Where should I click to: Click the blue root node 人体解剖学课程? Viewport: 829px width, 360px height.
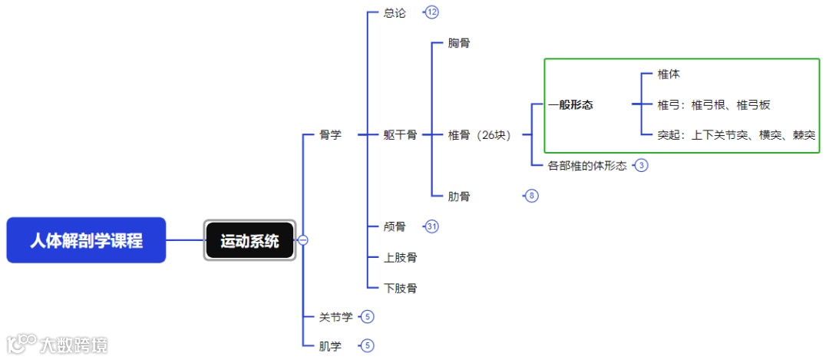pyautogui.click(x=86, y=240)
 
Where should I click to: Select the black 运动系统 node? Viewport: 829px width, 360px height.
pyautogui.click(x=250, y=240)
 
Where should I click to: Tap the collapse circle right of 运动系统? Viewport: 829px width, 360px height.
pyautogui.click(x=303, y=240)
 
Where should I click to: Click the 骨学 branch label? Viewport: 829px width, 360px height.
pyautogui.click(x=330, y=134)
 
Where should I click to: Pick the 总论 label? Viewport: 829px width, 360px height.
pyautogui.click(x=395, y=12)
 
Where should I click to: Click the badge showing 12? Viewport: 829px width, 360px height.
pyautogui.click(x=432, y=12)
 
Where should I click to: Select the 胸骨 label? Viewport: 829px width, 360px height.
pyautogui.click(x=459, y=43)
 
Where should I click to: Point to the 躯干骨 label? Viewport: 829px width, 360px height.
pyautogui.click(x=400, y=134)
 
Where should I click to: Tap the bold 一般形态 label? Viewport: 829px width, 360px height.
pyautogui.click(x=570, y=105)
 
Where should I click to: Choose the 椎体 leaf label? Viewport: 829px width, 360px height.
pyautogui.click(x=669, y=74)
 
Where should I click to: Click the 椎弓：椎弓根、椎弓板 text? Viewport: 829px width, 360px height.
pyautogui.click(x=713, y=105)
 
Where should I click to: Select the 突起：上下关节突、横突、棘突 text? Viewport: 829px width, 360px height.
pyautogui.click(x=735, y=135)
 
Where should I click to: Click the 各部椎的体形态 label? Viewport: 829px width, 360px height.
pyautogui.click(x=587, y=165)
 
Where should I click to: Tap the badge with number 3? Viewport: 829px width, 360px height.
pyautogui.click(x=642, y=165)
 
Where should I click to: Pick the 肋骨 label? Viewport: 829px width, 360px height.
pyautogui.click(x=459, y=196)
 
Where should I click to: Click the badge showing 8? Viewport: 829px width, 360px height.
pyautogui.click(x=532, y=196)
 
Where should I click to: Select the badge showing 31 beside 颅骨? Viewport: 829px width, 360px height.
pyautogui.click(x=432, y=226)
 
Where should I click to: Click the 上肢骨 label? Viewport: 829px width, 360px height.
pyautogui.click(x=400, y=257)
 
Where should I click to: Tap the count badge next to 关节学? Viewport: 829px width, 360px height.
pyautogui.click(x=368, y=316)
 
